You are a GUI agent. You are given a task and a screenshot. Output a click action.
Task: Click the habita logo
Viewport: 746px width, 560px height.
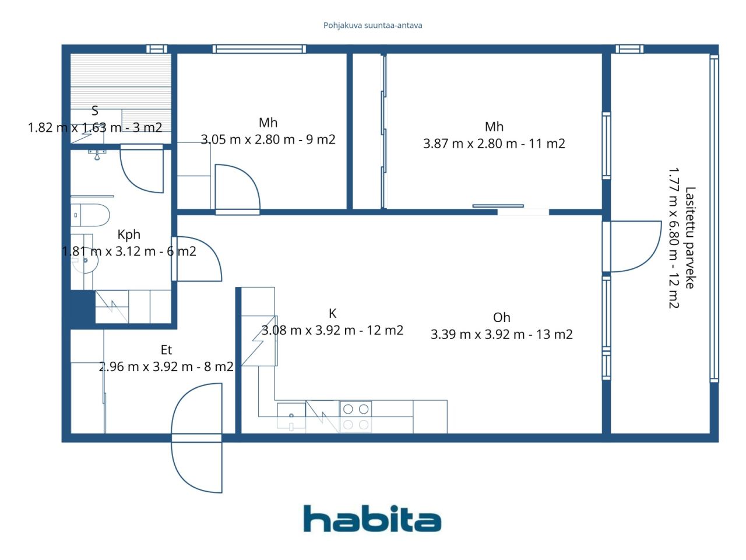click(372, 519)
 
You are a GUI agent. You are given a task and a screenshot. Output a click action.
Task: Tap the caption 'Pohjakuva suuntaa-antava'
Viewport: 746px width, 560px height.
click(372, 26)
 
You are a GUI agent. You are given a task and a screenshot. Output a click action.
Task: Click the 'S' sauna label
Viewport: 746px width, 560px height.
click(95, 111)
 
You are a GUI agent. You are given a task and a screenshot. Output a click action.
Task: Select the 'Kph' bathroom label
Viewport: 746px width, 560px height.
click(129, 235)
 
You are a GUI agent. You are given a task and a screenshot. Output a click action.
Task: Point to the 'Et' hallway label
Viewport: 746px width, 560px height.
click(166, 349)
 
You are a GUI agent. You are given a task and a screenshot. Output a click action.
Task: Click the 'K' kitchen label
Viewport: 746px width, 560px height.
click(332, 313)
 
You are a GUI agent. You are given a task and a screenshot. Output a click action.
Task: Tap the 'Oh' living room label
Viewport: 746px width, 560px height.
click(502, 317)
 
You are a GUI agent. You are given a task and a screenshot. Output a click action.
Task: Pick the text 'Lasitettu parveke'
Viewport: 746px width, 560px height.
click(690, 237)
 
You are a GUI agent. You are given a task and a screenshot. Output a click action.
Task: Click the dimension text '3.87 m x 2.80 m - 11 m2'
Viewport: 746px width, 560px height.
click(494, 143)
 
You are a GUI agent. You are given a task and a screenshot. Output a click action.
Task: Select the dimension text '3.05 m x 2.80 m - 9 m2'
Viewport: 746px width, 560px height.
click(268, 139)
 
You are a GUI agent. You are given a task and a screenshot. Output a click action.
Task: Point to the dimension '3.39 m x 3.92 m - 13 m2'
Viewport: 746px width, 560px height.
click(502, 334)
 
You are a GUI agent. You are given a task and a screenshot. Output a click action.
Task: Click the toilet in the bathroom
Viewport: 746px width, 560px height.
click(90, 215)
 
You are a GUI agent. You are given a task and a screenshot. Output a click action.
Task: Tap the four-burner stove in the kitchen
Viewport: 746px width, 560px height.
click(356, 418)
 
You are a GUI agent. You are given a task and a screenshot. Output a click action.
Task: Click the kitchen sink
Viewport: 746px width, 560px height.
click(291, 418)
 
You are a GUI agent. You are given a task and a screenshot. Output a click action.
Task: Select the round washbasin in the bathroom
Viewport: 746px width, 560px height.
click(86, 261)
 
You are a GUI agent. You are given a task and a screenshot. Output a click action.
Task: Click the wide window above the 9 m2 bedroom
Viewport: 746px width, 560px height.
click(259, 50)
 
